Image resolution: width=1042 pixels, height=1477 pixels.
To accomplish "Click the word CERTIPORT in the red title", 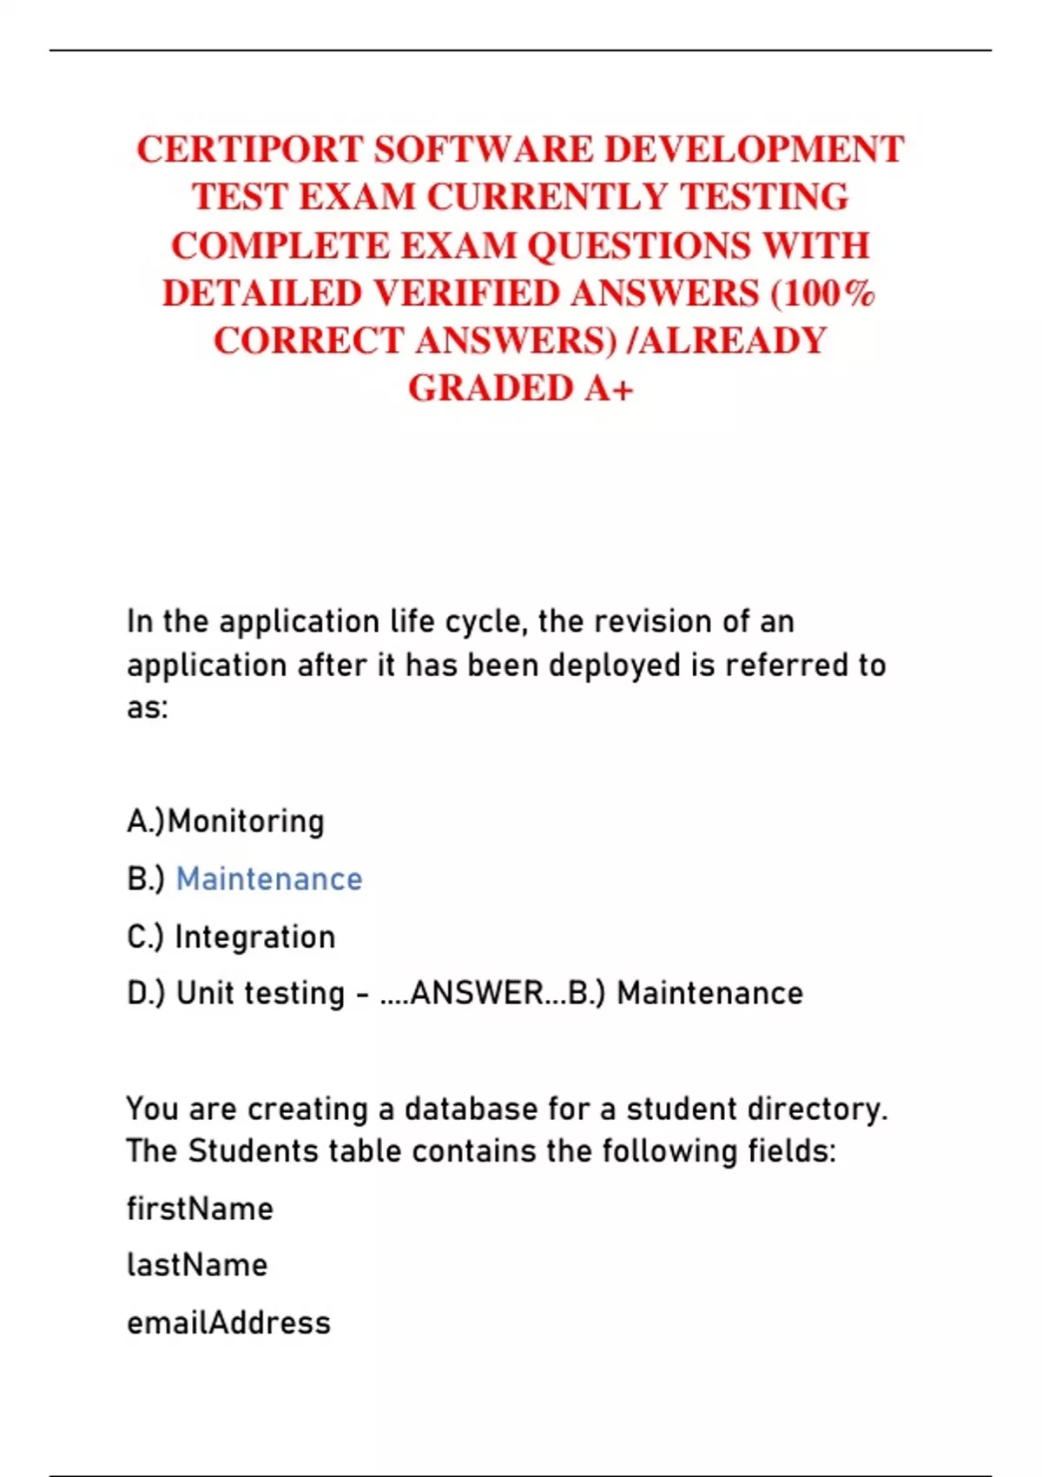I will pyautogui.click(x=250, y=149).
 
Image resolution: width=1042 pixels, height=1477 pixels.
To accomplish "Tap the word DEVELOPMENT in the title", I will pyautogui.click(x=754, y=149).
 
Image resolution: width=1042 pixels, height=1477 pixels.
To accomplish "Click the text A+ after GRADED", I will pyautogui.click(x=609, y=388).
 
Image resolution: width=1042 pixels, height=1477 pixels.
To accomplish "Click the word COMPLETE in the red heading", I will pyautogui.click(x=280, y=246).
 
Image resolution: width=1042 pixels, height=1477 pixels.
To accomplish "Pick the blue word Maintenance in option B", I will pyautogui.click(x=269, y=879).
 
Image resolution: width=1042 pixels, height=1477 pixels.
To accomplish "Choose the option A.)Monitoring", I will pyautogui.click(x=226, y=821).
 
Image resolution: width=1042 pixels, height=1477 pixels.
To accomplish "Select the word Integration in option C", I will pyautogui.click(x=255, y=937).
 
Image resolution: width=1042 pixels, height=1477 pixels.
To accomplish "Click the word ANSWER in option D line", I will pyautogui.click(x=477, y=992).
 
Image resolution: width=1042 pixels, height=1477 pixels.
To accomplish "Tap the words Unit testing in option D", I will pyautogui.click(x=260, y=992).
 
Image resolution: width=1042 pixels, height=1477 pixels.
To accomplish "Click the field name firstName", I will pyautogui.click(x=200, y=1209).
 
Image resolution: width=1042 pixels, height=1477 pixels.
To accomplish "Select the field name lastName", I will pyautogui.click(x=197, y=1265).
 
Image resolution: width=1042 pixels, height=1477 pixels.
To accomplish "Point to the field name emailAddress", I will pyautogui.click(x=229, y=1323).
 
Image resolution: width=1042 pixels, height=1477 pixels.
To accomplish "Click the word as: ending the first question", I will pyautogui.click(x=148, y=708).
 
